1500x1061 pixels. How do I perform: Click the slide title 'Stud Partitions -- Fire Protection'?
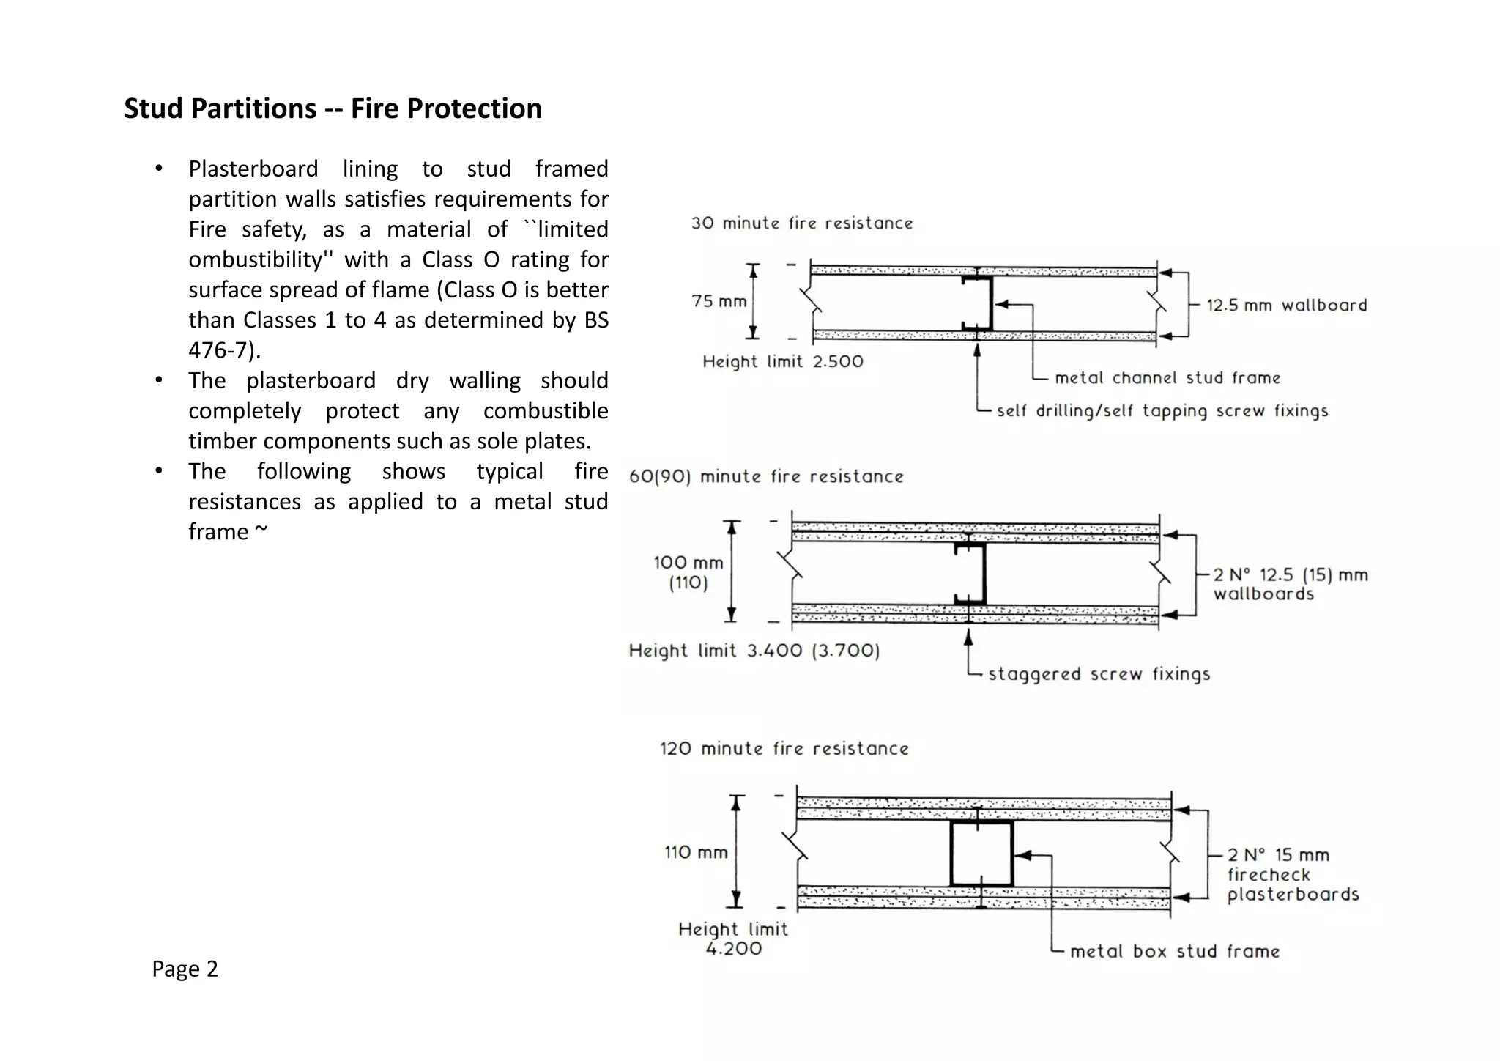333,108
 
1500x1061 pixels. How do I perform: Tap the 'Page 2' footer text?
185,969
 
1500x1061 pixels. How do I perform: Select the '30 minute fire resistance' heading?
802,223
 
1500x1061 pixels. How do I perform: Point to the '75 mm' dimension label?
719,301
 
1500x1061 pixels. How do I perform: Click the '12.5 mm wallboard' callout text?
1286,306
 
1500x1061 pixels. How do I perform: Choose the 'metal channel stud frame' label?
1167,378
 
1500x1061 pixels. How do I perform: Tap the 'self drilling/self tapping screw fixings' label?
1162,411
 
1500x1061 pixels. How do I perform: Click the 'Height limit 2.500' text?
782,361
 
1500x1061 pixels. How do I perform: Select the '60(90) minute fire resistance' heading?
766,476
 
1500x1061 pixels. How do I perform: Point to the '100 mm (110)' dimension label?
688,572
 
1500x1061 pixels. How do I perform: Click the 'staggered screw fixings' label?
1099,674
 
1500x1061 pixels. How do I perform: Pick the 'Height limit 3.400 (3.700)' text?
754,651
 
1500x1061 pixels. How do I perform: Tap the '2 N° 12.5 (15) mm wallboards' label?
1290,584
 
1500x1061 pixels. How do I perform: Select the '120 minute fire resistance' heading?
784,748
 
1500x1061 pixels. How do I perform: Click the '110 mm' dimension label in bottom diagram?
696,852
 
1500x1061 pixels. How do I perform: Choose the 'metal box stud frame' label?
1175,951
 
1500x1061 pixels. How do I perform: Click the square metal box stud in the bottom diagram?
981,854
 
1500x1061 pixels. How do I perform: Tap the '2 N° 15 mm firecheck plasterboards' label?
1293,874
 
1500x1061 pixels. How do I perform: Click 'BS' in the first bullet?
596,320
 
